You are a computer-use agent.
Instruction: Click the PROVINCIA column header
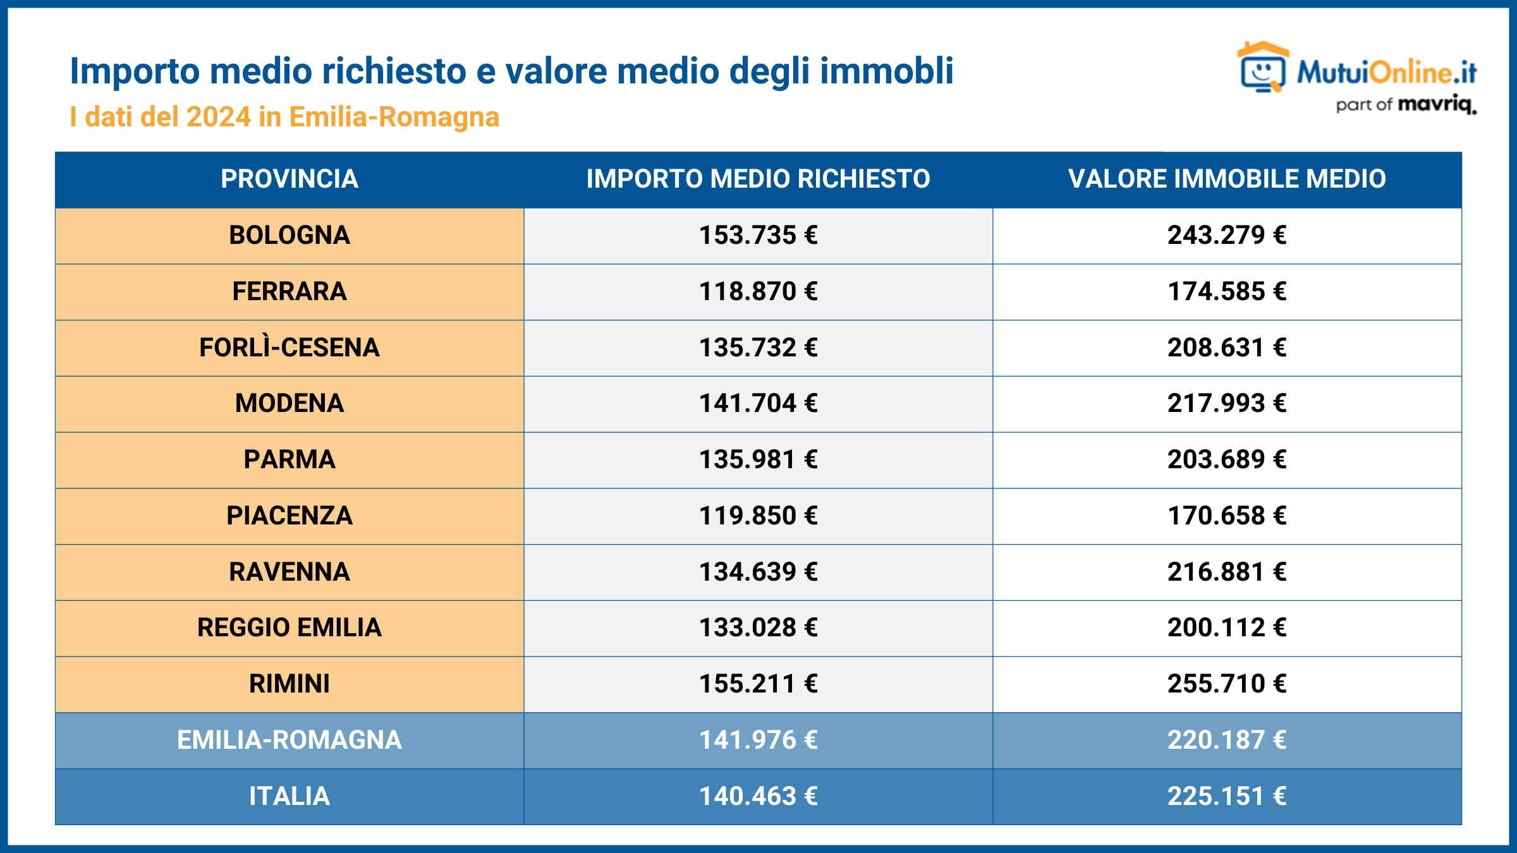[x=289, y=179]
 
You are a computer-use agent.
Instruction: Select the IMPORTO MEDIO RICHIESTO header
[x=758, y=179]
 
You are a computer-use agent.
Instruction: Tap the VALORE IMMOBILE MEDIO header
[x=1227, y=179]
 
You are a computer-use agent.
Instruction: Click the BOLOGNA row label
[x=289, y=235]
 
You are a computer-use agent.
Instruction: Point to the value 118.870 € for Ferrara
[x=758, y=291]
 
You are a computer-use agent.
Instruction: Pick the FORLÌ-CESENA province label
[x=289, y=348]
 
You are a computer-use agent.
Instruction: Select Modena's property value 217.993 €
[x=1227, y=403]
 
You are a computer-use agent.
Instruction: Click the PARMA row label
[x=289, y=459]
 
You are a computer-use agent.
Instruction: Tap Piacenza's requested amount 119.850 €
[x=758, y=516]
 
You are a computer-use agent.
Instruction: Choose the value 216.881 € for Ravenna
[x=1227, y=572]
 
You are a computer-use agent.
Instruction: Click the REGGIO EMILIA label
[x=289, y=627]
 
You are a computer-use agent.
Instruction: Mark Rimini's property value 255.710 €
[x=1227, y=684]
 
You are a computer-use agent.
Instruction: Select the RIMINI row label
[x=289, y=684]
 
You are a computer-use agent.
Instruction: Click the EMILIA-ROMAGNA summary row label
[x=289, y=740]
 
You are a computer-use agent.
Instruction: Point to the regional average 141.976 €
[x=758, y=740]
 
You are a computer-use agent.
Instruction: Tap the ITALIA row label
[x=289, y=796]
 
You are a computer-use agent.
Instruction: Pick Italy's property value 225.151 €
[x=1227, y=796]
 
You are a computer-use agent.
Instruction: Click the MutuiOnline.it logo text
[x=1386, y=73]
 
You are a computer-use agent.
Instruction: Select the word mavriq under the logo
[x=1437, y=104]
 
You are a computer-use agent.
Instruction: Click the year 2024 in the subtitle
[x=219, y=117]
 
